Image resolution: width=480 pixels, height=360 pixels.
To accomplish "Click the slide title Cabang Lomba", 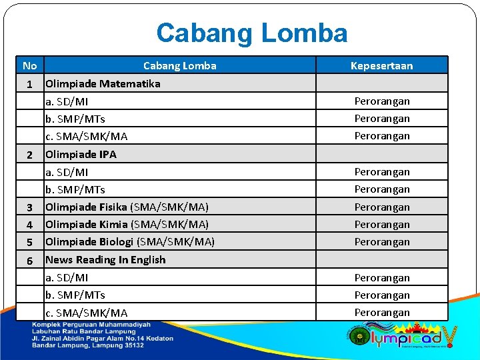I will point(251,33).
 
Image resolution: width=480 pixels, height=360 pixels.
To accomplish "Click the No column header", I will point(29,65).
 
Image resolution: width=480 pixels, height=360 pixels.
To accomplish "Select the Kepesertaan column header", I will point(381,65).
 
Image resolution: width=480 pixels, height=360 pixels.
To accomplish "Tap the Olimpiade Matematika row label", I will point(103,83).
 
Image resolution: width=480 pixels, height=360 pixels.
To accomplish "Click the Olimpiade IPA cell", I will point(81,154).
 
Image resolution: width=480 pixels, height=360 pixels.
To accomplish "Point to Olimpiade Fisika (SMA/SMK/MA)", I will point(127,207).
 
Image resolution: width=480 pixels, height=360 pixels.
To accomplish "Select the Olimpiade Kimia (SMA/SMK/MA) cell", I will point(127,224).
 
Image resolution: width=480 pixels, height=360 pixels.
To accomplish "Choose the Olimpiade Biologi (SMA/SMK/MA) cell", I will point(129,241).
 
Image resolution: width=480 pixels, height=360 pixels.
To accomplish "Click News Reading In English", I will point(105,259).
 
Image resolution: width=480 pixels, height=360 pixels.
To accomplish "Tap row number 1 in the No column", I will point(29,85).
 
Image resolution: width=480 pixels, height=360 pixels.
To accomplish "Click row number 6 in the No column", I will point(29,261).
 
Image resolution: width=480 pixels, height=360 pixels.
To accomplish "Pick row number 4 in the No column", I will point(29,225).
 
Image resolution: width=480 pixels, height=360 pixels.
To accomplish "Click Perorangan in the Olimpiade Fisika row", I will point(381,207).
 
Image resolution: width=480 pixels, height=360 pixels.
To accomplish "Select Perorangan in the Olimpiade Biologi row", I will point(381,241).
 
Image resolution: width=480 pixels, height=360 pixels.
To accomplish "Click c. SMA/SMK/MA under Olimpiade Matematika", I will point(86,136).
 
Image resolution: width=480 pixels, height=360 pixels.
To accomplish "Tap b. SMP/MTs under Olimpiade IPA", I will point(75,189).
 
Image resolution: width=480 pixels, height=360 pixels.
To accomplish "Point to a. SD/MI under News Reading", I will point(67,277).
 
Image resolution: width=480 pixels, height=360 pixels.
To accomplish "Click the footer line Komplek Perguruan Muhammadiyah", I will point(91,325).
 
